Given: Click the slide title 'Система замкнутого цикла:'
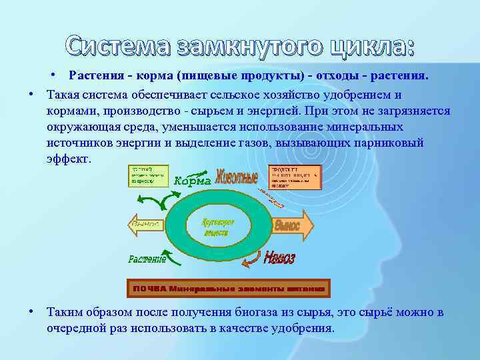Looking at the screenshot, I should [x=240, y=47].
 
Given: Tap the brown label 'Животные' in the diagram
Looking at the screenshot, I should [x=236, y=179].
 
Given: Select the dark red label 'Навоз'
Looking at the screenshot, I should [x=279, y=258].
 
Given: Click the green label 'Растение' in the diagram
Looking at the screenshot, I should [x=148, y=258].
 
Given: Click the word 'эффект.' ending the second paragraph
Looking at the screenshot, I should [x=67, y=160].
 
